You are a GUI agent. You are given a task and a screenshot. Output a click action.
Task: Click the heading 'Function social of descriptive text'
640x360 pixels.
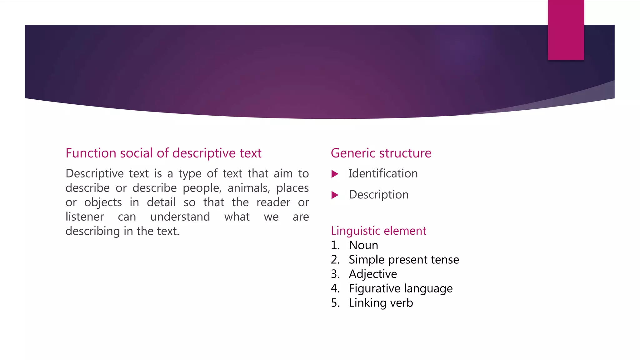point(163,153)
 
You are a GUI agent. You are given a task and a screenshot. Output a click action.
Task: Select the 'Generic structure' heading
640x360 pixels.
point(381,153)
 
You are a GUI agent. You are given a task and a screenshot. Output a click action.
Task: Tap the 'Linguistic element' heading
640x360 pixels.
point(378,231)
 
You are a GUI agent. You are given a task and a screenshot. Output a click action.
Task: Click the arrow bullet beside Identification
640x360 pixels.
point(335,174)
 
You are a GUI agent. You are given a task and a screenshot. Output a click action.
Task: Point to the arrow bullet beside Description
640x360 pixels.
point(335,195)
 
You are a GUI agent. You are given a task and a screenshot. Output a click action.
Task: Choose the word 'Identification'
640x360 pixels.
point(383,174)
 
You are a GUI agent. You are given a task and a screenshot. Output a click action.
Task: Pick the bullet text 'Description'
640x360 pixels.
point(379,195)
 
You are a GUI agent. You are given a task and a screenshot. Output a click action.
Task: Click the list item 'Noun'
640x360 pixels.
point(363,245)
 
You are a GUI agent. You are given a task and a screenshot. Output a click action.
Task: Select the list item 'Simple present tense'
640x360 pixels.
point(404,260)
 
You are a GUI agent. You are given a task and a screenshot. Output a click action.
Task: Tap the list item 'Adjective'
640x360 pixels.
point(373,274)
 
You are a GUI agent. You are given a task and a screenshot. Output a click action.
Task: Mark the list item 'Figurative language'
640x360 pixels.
point(401,288)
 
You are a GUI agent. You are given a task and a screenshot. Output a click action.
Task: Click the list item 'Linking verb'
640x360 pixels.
point(381,303)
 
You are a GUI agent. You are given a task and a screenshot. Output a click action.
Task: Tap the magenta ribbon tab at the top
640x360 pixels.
point(566,30)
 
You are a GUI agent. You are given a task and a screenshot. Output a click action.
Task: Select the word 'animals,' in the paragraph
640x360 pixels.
point(249,188)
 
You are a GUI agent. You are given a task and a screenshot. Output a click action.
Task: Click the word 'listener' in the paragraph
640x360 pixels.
point(85,217)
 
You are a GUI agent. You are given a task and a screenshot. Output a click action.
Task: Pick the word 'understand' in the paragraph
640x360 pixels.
point(180,217)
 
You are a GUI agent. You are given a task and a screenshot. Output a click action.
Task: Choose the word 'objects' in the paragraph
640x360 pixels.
point(103,202)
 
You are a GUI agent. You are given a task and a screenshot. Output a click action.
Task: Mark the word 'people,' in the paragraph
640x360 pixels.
point(202,188)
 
